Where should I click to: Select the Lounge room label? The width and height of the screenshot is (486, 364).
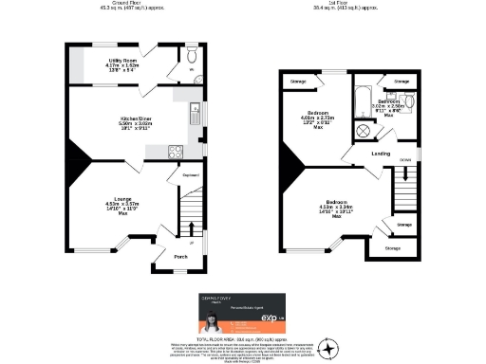coord(116,200)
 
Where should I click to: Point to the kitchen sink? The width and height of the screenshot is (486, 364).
coord(192,107)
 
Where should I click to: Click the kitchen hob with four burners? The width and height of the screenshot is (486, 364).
coord(176,151)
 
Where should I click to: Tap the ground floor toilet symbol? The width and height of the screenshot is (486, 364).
coord(191,67)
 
